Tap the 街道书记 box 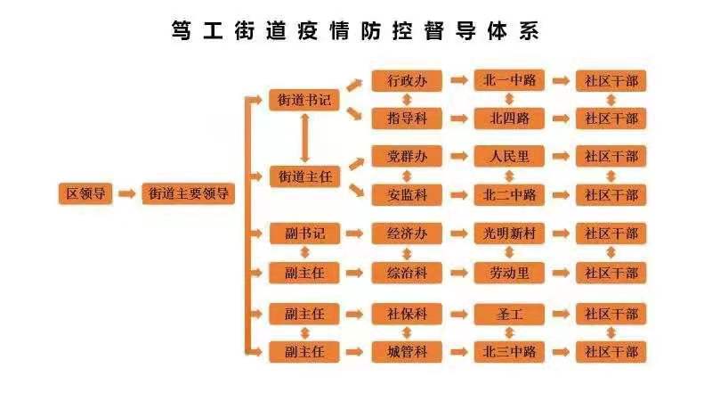click(x=304, y=100)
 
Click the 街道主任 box click(x=304, y=176)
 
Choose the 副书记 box click(x=304, y=234)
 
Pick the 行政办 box click(x=408, y=80)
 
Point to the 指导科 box click(x=408, y=118)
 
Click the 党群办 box click(x=408, y=157)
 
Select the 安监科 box click(x=408, y=194)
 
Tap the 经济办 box click(x=408, y=234)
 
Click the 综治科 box click(x=408, y=273)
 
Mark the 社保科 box click(x=408, y=314)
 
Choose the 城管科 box click(x=408, y=352)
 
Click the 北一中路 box click(x=509, y=80)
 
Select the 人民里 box click(x=509, y=157)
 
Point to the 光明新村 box click(x=509, y=234)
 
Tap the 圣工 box click(x=509, y=314)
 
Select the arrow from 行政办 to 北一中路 click(x=459, y=80)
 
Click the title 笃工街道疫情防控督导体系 click(x=355, y=30)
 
